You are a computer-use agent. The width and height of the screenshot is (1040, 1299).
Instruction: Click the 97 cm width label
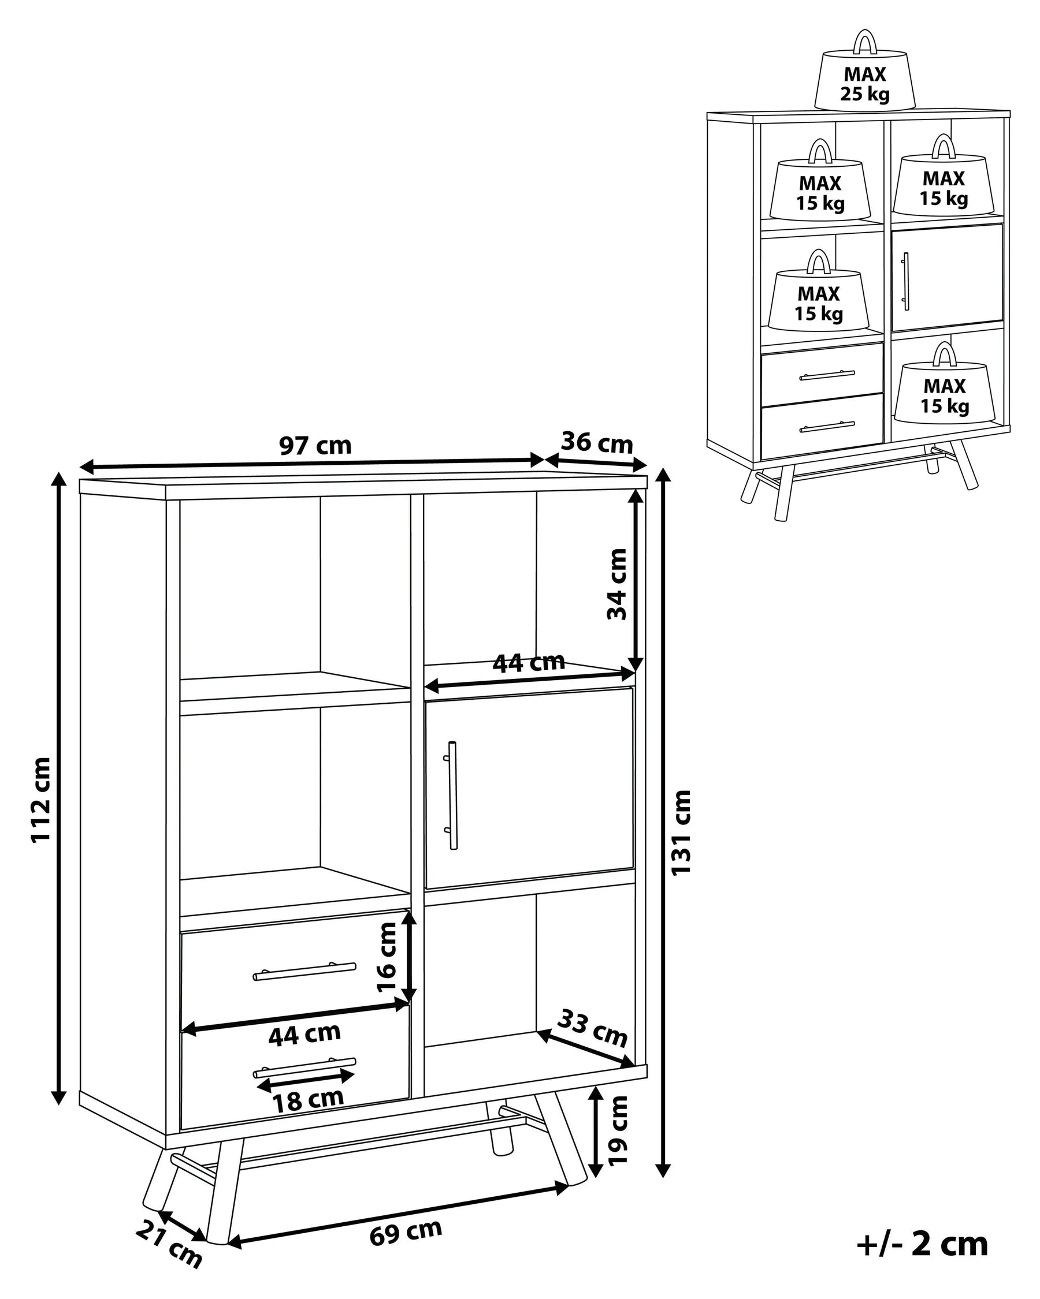pos(315,446)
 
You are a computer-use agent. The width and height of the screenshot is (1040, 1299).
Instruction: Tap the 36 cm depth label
pos(596,443)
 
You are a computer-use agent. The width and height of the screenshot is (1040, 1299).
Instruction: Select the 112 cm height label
pos(41,800)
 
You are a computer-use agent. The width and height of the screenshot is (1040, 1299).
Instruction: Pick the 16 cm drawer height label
pos(387,957)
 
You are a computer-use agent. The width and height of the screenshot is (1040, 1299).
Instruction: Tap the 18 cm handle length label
pos(308,1101)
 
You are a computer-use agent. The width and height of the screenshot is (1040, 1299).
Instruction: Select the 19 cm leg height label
pos(618,1131)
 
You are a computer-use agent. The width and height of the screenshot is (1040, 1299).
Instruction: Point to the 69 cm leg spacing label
pos(405,1231)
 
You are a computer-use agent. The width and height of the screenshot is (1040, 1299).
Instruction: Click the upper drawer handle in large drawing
pos(304,970)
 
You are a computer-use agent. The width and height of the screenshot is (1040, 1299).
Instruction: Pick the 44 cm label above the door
pos(528,663)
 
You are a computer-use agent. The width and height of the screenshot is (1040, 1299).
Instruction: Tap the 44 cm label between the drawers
pos(304,1035)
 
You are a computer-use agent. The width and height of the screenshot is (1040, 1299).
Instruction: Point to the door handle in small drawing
pos(905,281)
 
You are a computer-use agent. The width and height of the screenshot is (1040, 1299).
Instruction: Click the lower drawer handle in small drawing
pos(827,427)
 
